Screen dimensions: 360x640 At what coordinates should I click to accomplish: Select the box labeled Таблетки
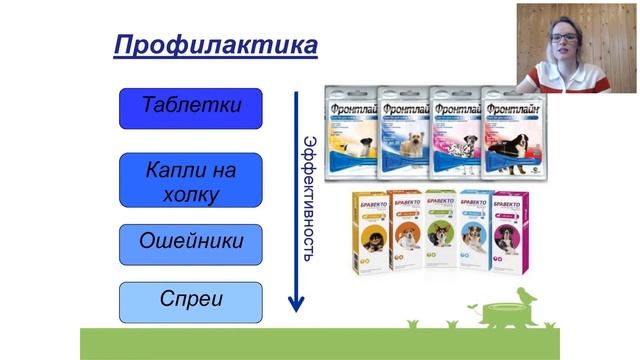pos(190,108)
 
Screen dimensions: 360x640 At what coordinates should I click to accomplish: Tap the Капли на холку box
pos(190,180)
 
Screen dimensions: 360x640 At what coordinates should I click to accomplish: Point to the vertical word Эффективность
pos(311,195)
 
